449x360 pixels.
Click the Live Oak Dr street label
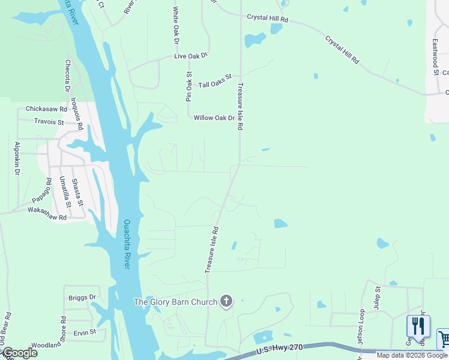pyautogui.click(x=190, y=55)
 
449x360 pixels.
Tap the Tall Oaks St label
pyautogui.click(x=215, y=82)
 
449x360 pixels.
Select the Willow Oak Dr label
pyautogui.click(x=214, y=118)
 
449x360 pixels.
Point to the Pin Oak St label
pyautogui.click(x=188, y=86)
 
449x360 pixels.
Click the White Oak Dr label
pyautogui.click(x=176, y=26)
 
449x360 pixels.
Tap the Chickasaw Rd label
pyautogui.click(x=46, y=109)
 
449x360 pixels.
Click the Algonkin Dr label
pyautogui.click(x=17, y=158)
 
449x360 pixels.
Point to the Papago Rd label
pyautogui.click(x=41, y=190)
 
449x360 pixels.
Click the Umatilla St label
pyautogui.click(x=65, y=192)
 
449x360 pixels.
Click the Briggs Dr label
pyautogui.click(x=82, y=297)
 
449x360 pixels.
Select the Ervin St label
pyautogui.click(x=85, y=332)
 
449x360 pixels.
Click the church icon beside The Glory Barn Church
pyautogui.click(x=226, y=301)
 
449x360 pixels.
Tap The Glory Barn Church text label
pyautogui.click(x=175, y=302)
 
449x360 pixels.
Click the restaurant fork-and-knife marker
pyautogui.click(x=418, y=326)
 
